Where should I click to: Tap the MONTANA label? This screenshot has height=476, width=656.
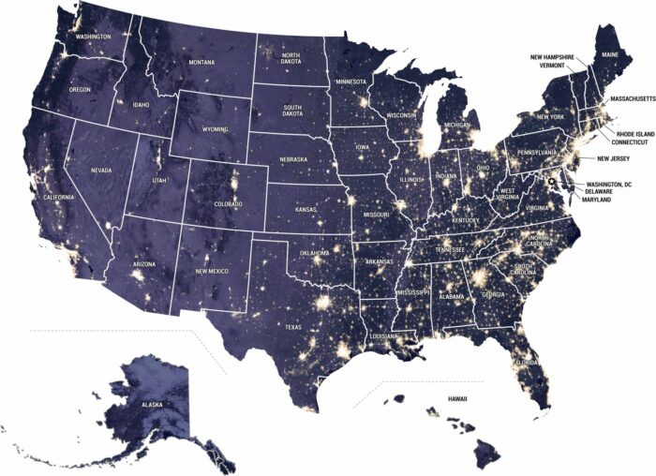pyautogui.click(x=201, y=63)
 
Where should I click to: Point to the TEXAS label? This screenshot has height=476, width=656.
pyautogui.click(x=293, y=327)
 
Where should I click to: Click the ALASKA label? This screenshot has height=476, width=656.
pyautogui.click(x=152, y=404)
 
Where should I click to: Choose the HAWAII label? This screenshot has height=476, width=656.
pyautogui.click(x=456, y=399)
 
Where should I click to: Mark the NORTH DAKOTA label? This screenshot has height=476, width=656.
pyautogui.click(x=291, y=58)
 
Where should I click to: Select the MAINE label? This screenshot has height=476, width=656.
pyautogui.click(x=610, y=56)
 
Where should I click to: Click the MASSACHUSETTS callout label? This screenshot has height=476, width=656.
pyautogui.click(x=630, y=97)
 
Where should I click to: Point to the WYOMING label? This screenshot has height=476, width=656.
pyautogui.click(x=214, y=129)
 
